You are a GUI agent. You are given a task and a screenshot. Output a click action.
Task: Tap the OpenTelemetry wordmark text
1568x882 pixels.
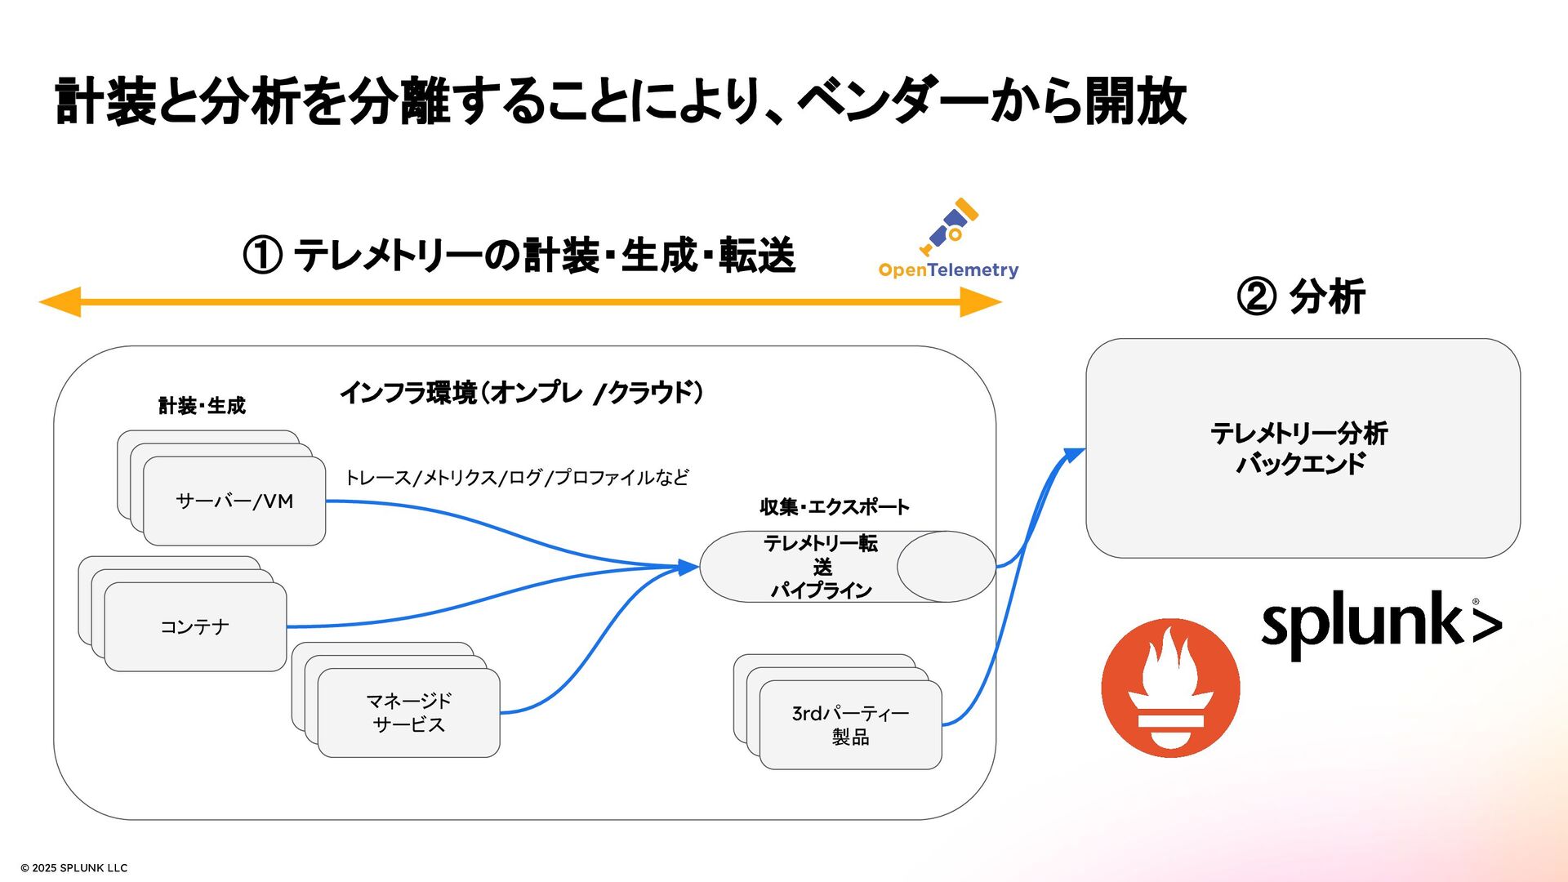tap(948, 270)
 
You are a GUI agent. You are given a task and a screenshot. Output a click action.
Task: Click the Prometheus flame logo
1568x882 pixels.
tap(1170, 688)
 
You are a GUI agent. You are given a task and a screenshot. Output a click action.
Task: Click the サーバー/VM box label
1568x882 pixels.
tap(234, 501)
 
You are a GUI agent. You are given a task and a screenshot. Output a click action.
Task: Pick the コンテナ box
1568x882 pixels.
tap(195, 627)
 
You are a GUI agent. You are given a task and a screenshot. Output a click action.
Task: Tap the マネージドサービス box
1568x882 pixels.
tap(408, 713)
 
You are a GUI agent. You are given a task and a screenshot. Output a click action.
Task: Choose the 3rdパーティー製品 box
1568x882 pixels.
tap(850, 725)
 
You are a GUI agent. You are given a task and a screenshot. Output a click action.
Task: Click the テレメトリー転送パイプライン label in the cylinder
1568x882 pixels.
tap(821, 567)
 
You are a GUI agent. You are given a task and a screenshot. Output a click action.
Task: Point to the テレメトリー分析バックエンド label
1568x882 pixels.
tap(1299, 448)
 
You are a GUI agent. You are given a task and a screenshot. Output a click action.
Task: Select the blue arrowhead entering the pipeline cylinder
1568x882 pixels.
tap(688, 567)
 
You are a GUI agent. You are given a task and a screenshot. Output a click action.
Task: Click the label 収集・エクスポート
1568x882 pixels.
tap(834, 507)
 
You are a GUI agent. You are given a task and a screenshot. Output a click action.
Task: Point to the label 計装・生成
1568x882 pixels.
tap(202, 406)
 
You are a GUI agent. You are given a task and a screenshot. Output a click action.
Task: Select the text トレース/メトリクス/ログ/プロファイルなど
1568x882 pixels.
tap(516, 478)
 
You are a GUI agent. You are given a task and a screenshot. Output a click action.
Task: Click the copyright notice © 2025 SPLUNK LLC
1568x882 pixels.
tap(74, 868)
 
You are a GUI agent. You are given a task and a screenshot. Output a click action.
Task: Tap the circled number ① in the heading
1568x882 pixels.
tap(263, 256)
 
